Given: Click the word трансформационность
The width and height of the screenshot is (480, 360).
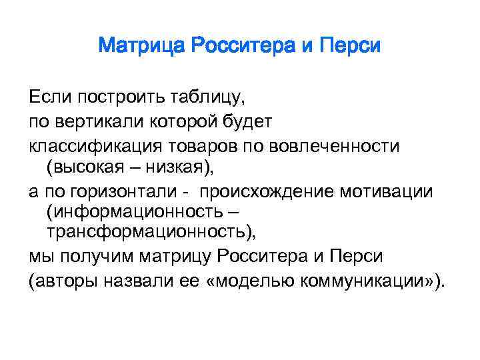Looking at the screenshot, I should (x=149, y=233).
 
